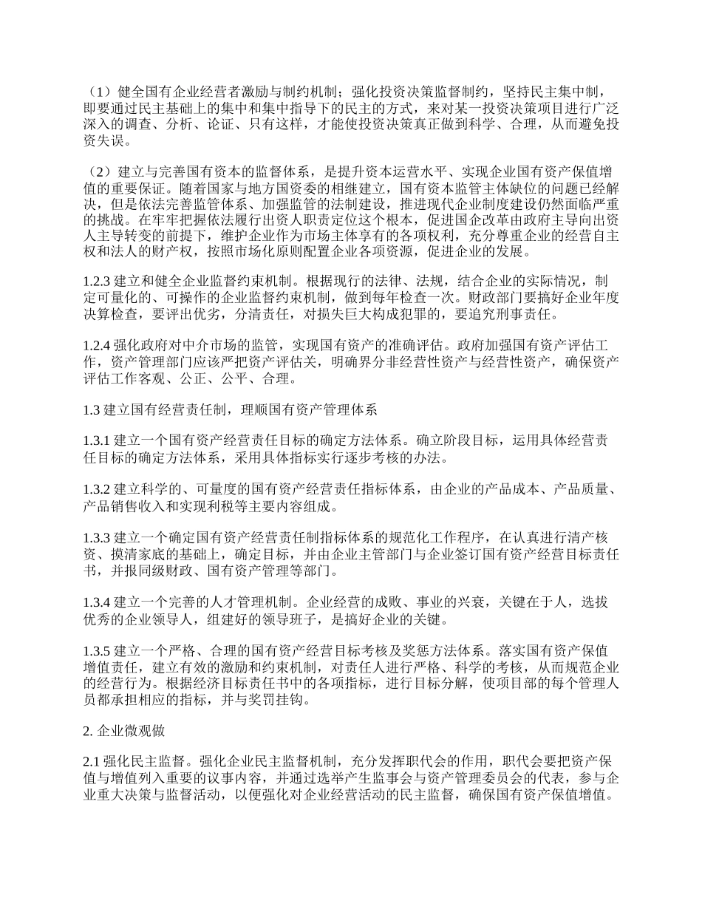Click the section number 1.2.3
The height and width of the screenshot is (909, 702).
(96, 282)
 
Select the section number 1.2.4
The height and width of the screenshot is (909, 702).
(96, 345)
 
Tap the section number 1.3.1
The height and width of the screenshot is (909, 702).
(96, 440)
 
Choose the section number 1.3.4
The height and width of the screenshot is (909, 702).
(96, 601)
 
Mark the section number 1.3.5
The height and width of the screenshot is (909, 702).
(96, 650)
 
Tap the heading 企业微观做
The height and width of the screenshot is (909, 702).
(133, 731)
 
